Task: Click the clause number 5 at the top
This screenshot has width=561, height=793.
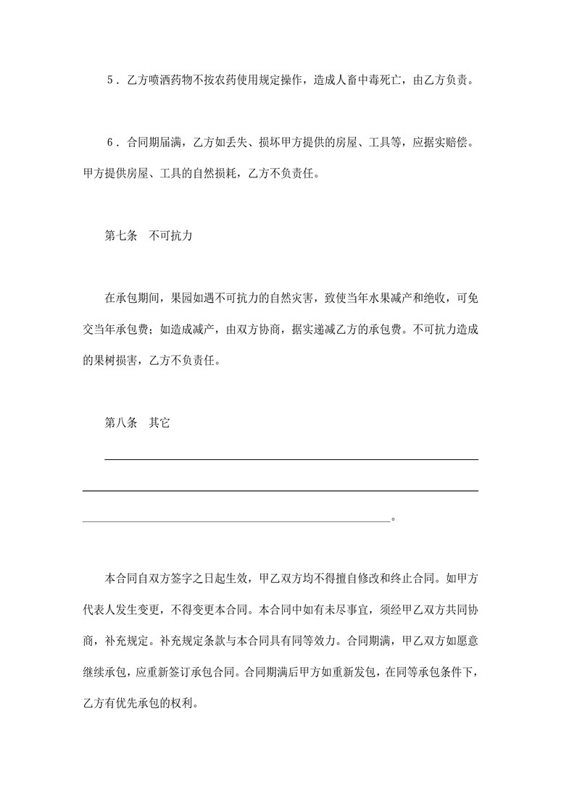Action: tap(109, 80)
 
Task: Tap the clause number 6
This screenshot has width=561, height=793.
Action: tap(109, 143)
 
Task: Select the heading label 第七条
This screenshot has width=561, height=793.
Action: tap(121, 236)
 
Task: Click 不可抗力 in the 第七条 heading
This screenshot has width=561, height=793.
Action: tap(170, 236)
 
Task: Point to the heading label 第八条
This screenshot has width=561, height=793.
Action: tap(121, 423)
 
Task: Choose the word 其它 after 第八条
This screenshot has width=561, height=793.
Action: tap(159, 423)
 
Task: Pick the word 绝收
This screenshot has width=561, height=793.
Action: tap(433, 298)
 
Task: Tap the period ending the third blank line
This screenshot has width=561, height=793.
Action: tap(394, 519)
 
